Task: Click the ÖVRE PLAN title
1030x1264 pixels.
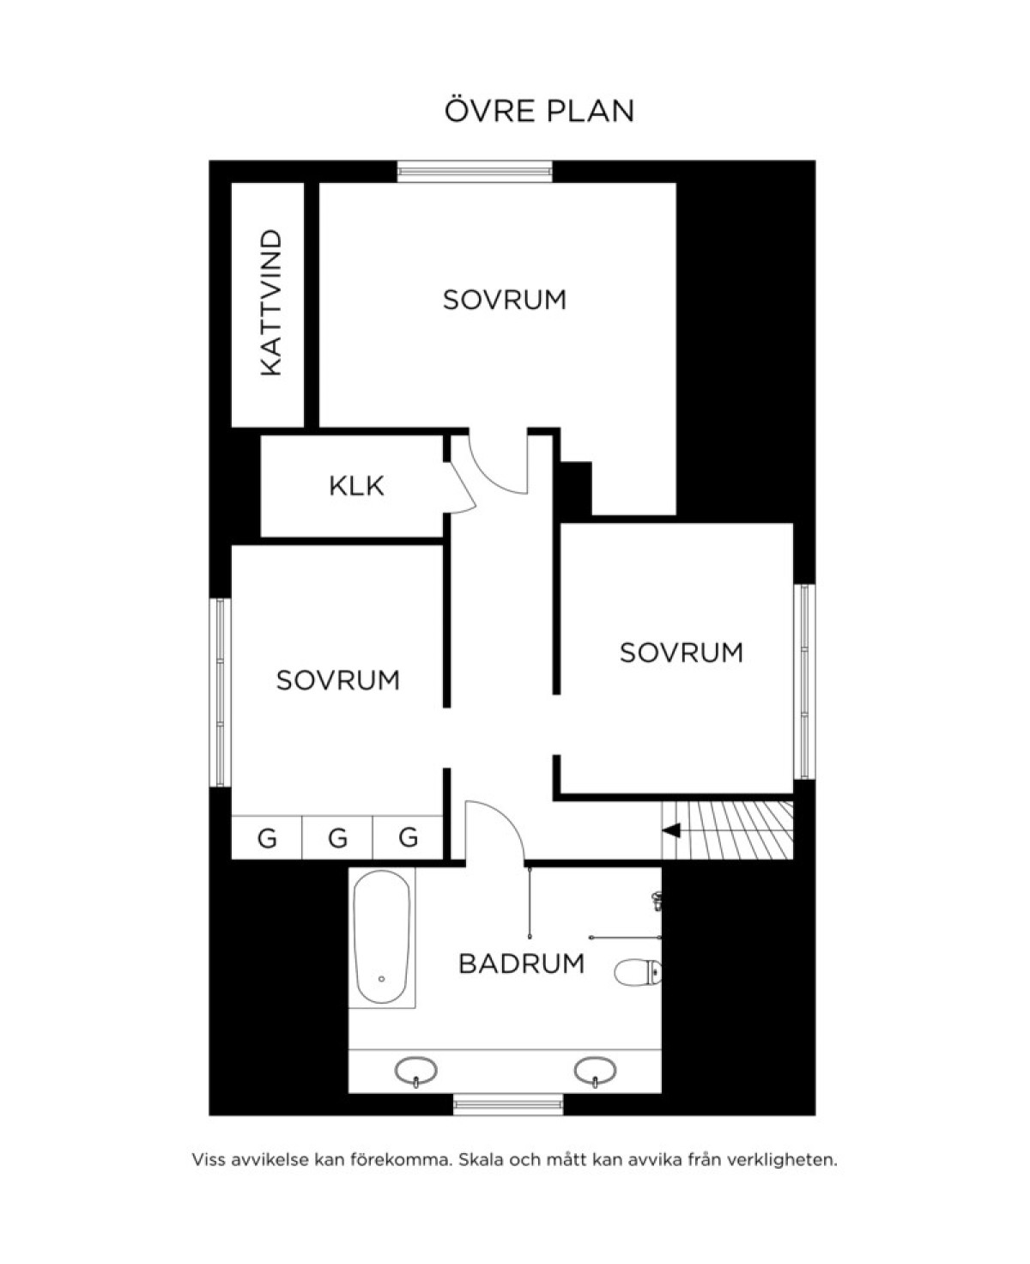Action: coord(539,110)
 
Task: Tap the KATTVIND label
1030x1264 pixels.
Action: coord(271,302)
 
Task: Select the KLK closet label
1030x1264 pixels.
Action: coord(356,486)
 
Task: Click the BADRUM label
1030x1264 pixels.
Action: coord(521,963)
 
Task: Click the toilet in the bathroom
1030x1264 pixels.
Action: coord(638,971)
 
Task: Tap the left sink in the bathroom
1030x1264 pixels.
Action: coord(415,1072)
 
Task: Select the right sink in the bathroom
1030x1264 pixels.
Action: coord(595,1072)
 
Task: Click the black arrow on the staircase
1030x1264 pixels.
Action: coord(671,830)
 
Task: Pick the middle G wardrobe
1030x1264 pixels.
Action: coord(338,837)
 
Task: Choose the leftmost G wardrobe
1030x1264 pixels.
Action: coord(267,837)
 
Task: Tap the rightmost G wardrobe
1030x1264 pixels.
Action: coord(409,837)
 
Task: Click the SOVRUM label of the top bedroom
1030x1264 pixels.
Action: coord(505,300)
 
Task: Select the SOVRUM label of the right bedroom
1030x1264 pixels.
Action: coord(682,653)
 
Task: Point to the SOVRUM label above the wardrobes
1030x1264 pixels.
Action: coord(338,680)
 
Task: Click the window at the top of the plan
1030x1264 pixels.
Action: coord(475,172)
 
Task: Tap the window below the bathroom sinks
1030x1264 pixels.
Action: coord(508,1103)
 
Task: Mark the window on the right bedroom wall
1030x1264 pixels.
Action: coord(804,682)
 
